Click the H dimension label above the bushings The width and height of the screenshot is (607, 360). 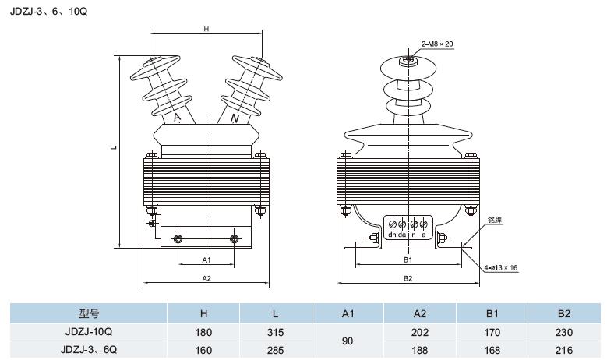pos(206,29)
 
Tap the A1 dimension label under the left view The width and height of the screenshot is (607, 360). pos(206,259)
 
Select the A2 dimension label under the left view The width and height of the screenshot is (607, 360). pos(206,277)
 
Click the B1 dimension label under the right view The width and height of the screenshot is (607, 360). pos(408,259)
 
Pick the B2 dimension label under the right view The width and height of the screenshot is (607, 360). pos(408,278)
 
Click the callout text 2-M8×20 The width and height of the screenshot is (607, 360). pos(437,43)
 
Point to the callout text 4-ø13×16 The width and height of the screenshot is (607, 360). pos(501,267)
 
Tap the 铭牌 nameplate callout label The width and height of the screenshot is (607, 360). pos(494,221)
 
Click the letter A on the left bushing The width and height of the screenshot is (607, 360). pos(178,118)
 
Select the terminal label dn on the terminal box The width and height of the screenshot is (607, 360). pos(391,234)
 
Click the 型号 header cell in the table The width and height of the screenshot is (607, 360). pos(89,313)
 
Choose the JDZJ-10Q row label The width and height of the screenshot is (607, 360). pos(89,332)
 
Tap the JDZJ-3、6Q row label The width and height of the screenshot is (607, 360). pos(89,349)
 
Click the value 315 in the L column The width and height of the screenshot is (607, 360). pos(276,332)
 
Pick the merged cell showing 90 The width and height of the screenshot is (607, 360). pos(348,341)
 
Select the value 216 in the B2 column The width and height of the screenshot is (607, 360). pos(564,349)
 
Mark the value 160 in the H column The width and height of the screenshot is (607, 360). pos(204,349)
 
